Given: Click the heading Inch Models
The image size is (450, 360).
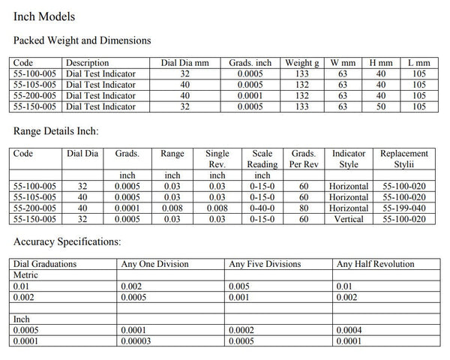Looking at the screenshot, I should pos(44,15).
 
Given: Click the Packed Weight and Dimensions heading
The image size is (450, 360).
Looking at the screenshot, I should pos(82,40).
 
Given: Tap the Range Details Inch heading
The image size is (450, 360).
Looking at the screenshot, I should pos(57,130).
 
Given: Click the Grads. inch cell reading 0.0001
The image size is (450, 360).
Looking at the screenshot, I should pos(250,96).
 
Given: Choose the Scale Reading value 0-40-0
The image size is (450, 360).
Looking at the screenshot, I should pos(262,208).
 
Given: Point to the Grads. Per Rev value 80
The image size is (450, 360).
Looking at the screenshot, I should pos(303,208).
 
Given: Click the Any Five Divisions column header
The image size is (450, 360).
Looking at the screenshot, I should pos(264,264).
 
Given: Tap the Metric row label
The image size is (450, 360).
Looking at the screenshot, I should pos(26,275).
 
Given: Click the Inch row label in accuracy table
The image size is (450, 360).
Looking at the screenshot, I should pos(22,319).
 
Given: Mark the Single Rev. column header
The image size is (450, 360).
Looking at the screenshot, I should pos(217,158).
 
